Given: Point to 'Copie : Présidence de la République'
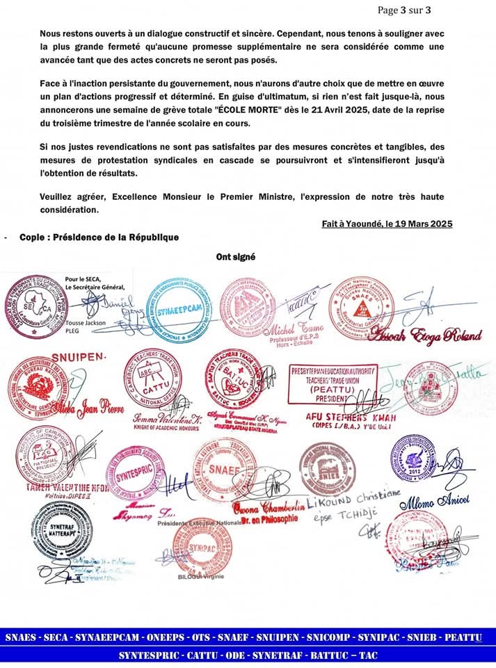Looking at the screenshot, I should click(99, 237).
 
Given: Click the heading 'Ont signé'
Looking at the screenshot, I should click(235, 257).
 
